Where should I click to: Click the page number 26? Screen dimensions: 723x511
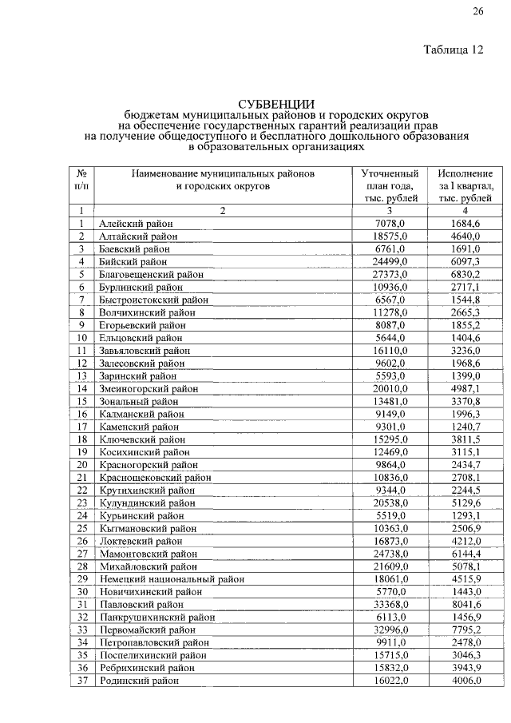point(477,10)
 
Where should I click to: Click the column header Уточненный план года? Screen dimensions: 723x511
point(390,185)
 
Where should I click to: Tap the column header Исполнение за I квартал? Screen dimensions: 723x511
point(465,185)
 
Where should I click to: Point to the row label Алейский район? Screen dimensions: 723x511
point(136,224)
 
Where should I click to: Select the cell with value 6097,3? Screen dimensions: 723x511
point(465,261)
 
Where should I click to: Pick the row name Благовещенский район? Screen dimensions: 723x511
point(152,274)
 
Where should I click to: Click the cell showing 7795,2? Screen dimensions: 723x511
point(465,630)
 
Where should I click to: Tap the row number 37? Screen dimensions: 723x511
point(81,681)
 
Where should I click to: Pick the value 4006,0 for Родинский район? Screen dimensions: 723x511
point(465,681)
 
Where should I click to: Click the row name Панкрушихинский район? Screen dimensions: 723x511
point(157,618)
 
